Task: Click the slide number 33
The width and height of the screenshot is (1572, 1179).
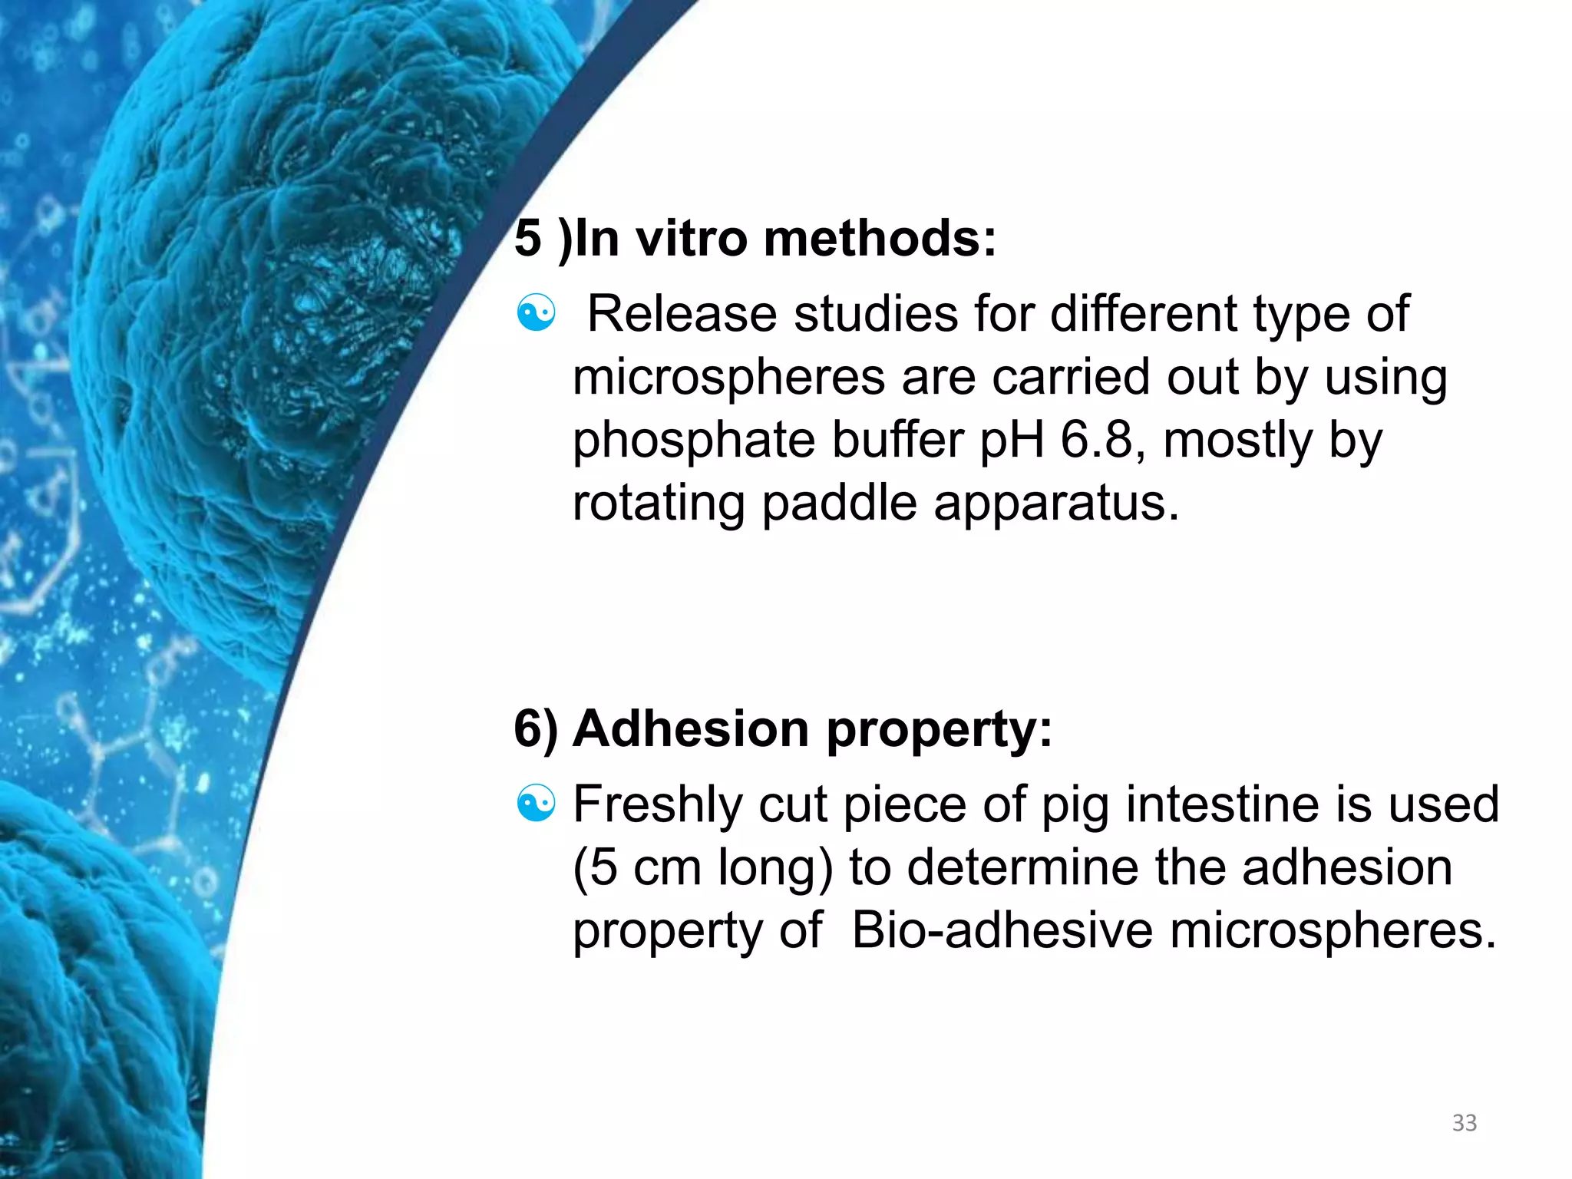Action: (x=1464, y=1123)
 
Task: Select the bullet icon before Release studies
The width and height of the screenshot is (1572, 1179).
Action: (x=536, y=314)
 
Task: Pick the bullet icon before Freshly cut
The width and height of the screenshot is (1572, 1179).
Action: (x=536, y=804)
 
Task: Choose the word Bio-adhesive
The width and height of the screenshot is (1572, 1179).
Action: (x=1002, y=930)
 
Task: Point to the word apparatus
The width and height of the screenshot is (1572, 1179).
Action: (x=1056, y=504)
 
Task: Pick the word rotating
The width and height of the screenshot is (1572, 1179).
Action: (x=659, y=504)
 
